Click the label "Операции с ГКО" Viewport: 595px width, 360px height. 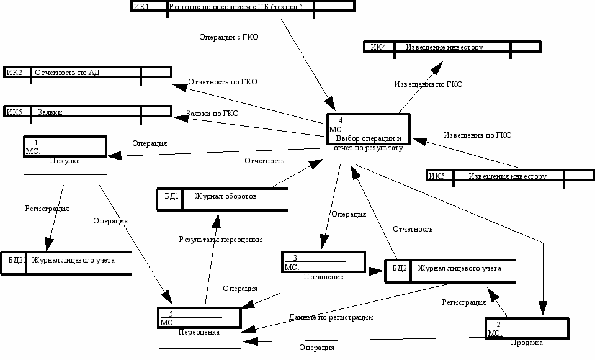tap(228, 37)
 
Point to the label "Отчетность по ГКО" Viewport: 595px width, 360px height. tap(222, 82)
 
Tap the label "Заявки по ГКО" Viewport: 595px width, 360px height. tap(212, 114)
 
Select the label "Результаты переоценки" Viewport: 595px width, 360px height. tap(220, 240)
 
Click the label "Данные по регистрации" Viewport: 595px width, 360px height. tap(331, 317)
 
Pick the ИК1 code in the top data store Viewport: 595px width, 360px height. tap(141, 6)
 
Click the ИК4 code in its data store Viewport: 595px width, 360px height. tap(378, 47)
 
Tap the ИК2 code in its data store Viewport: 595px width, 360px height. tap(14, 73)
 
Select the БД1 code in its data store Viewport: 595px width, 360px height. tap(172, 196)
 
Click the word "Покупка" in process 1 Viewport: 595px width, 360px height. tap(65, 161)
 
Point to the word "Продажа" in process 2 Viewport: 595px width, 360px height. tap(527, 343)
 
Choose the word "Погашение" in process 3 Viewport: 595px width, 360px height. tap(323, 277)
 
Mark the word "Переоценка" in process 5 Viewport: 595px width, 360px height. tap(199, 332)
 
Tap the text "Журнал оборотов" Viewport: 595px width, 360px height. tap(225, 196)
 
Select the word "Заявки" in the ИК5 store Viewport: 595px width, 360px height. tap(48, 112)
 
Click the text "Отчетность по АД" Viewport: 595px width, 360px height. tap(67, 73)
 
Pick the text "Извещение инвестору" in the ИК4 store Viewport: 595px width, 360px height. tap(444, 47)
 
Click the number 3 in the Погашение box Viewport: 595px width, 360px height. tap(295, 258)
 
